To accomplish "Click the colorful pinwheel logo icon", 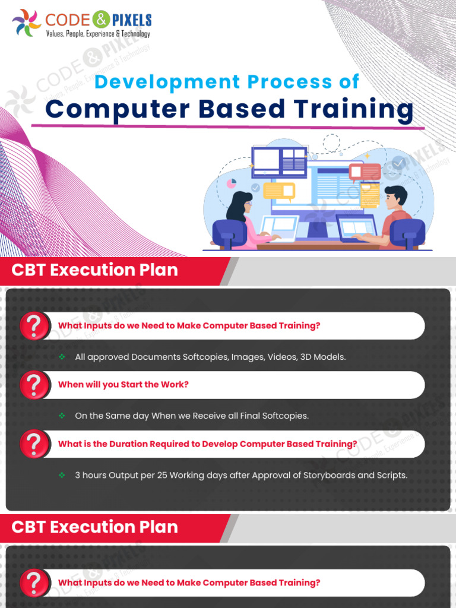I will pos(27,22).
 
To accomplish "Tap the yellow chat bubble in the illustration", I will pos(279,191).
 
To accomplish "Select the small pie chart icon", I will pos(232,183).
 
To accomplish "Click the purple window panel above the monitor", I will pos(278,161).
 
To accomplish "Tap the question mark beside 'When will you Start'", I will pos(35,385).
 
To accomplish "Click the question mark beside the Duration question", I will pos(35,444).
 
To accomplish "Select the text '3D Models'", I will pos(324,357).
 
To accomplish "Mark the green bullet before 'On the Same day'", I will pos(62,416).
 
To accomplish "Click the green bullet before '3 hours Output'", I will pos(62,475).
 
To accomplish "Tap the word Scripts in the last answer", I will pos(389,475).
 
